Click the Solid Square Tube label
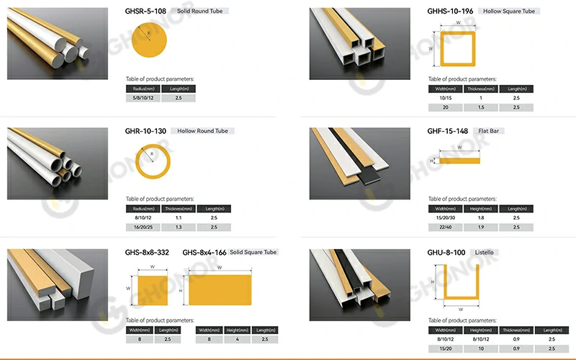[x=260, y=252]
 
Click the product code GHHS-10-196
[x=451, y=12]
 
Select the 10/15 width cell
[x=446, y=97]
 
